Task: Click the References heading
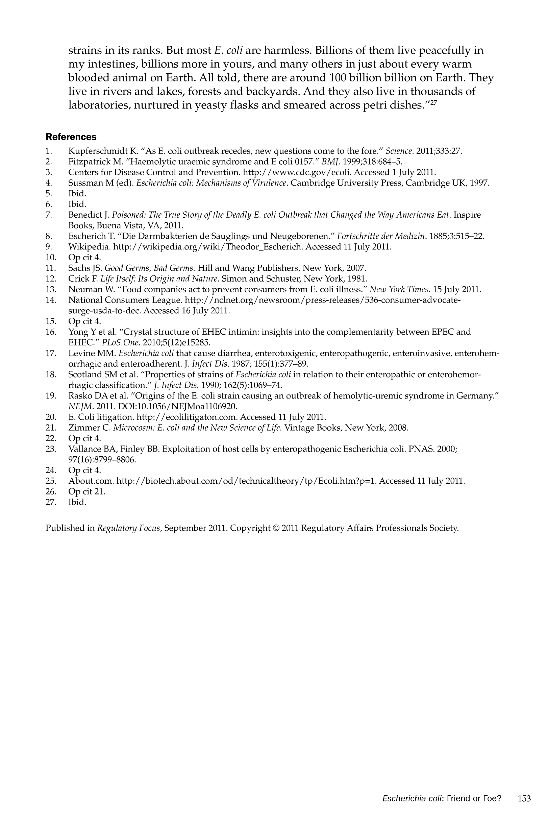click(x=71, y=137)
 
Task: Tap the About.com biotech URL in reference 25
click(x=246, y=481)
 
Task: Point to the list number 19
click(x=51, y=396)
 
